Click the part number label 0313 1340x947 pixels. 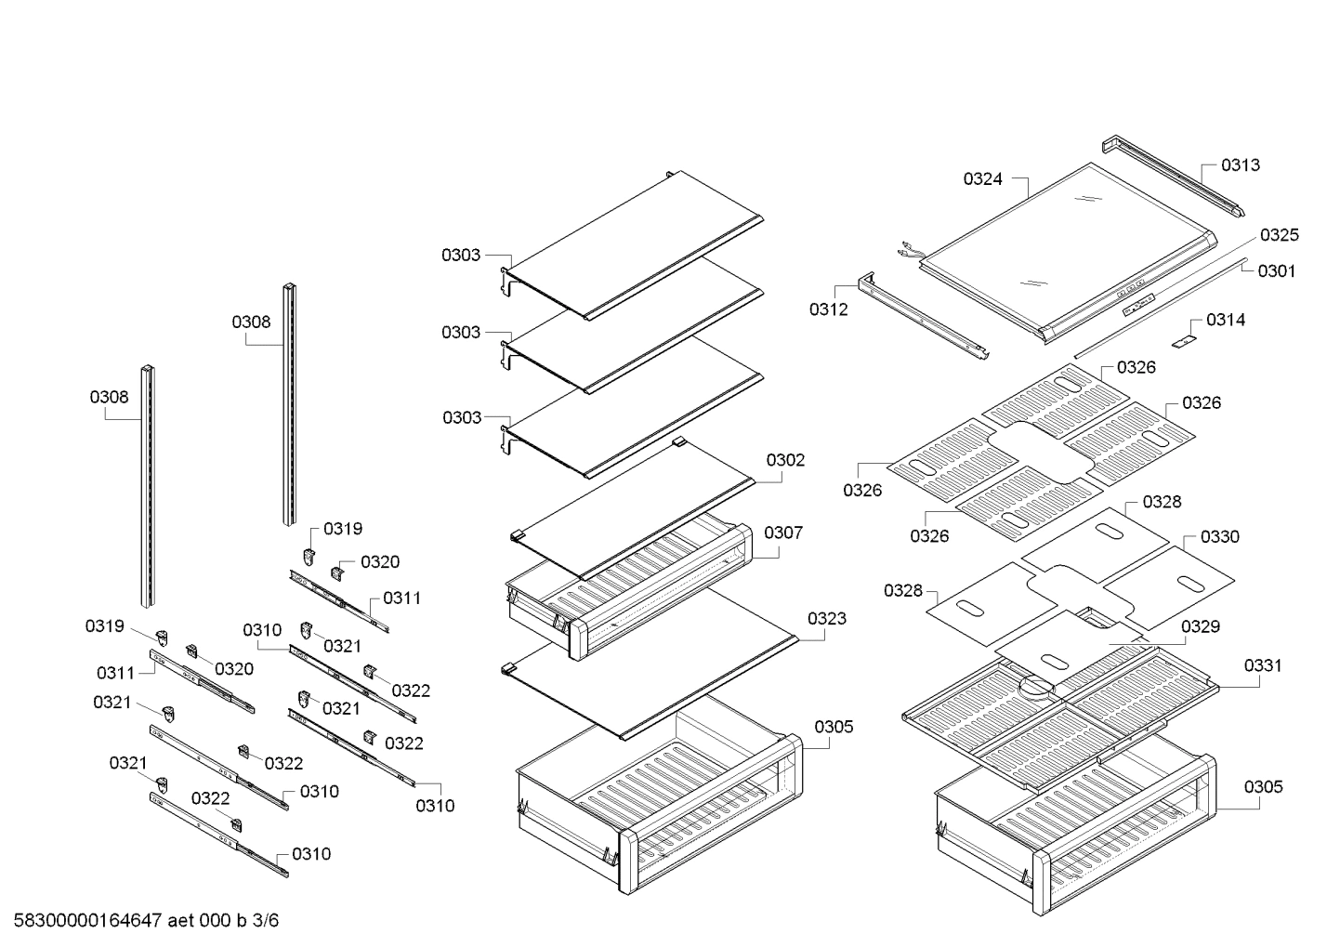coord(1240,165)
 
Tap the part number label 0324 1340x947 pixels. coord(982,179)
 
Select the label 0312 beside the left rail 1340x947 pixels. coord(828,309)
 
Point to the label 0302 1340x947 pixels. coord(785,460)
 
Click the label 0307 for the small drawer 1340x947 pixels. coord(783,533)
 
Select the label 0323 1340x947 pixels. coord(826,618)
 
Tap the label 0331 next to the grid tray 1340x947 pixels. coord(1263,665)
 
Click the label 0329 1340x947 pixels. coord(1200,626)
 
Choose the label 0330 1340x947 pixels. coord(1219,537)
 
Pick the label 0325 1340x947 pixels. coord(1280,235)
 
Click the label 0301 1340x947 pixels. coord(1276,271)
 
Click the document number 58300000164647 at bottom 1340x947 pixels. coord(88,922)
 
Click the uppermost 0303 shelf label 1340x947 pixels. coord(461,255)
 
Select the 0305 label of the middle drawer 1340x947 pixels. coord(834,727)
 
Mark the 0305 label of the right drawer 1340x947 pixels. coord(1263,787)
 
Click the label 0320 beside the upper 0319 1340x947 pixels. coord(379,562)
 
